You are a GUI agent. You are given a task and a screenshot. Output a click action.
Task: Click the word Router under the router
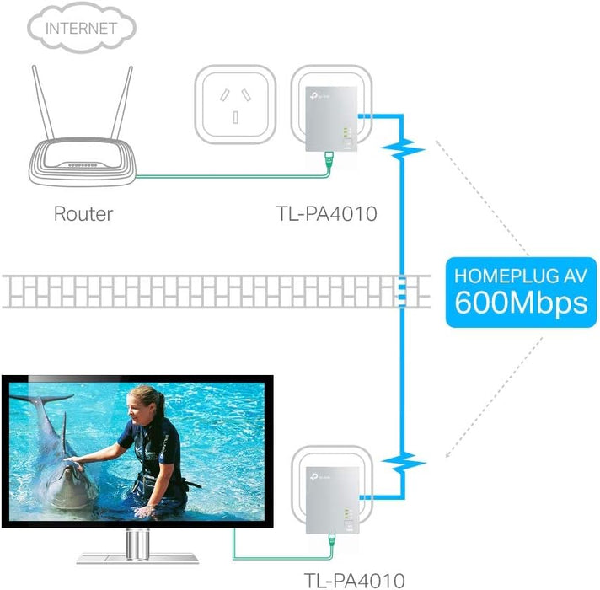coord(83,213)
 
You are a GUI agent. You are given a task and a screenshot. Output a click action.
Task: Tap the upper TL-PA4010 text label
coord(326,213)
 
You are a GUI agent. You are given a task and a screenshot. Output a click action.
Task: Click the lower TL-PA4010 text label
coord(353,579)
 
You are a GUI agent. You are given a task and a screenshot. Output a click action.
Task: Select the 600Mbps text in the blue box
coord(521,303)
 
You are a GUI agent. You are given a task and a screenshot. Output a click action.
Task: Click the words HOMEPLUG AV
coord(521,275)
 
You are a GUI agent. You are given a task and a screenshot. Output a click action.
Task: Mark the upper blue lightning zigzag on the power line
coord(403,150)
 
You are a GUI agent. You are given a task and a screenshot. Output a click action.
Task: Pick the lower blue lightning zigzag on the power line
coord(403,462)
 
